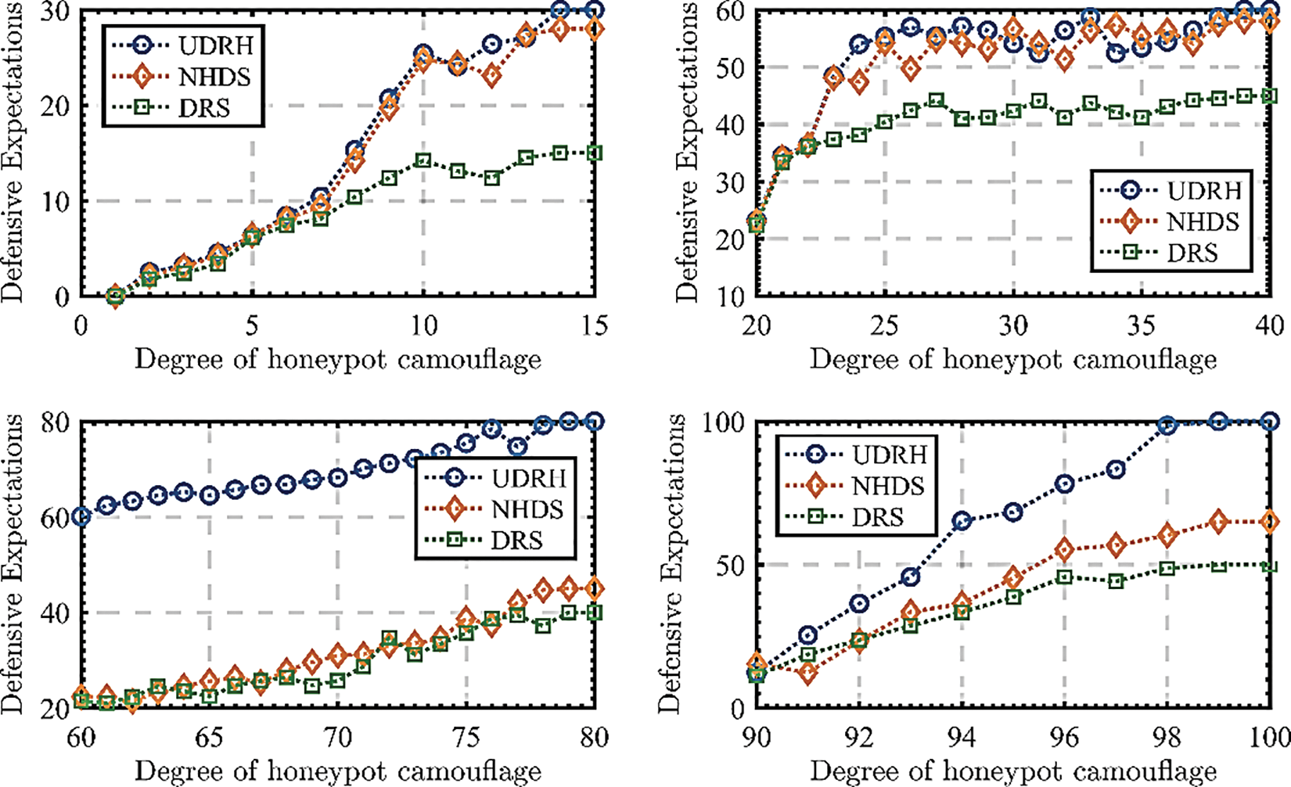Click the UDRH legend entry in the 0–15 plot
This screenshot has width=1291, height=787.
[x=180, y=45]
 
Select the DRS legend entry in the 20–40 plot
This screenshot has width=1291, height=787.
[x=1158, y=253]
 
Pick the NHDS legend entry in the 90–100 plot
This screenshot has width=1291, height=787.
[x=853, y=486]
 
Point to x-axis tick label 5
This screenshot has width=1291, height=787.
[x=252, y=325]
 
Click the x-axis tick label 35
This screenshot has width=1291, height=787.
[x=1142, y=325]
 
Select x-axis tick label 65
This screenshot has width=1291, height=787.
[x=209, y=737]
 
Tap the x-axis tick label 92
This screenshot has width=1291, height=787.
[x=859, y=737]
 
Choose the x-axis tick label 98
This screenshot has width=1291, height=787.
[x=1167, y=737]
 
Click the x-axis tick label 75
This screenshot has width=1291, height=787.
[x=466, y=737]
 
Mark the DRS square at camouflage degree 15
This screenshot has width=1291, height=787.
[x=595, y=153]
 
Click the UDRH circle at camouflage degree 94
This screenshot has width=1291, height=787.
[x=962, y=521]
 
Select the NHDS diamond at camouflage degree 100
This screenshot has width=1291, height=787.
[x=1270, y=522]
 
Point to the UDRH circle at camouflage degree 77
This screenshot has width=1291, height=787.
[x=517, y=447]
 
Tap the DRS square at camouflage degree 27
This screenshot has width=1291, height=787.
[x=937, y=101]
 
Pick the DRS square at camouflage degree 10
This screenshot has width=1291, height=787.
[x=423, y=161]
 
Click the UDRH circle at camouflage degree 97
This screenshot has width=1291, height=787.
[x=1116, y=469]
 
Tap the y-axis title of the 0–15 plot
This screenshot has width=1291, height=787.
[x=13, y=153]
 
